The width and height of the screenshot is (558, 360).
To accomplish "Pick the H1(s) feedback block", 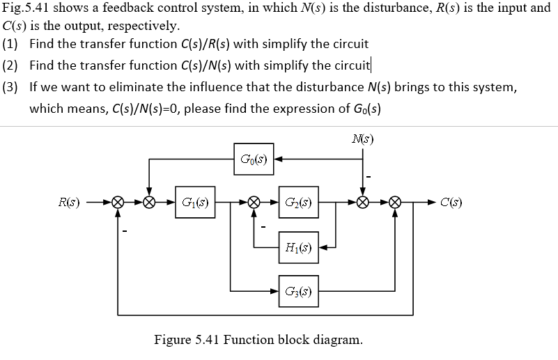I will [x=299, y=246].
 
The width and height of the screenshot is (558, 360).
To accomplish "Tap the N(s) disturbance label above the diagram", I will [x=362, y=139].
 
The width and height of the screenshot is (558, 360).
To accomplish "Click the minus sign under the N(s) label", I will [x=369, y=176].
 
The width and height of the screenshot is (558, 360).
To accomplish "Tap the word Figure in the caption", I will [x=171, y=341].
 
